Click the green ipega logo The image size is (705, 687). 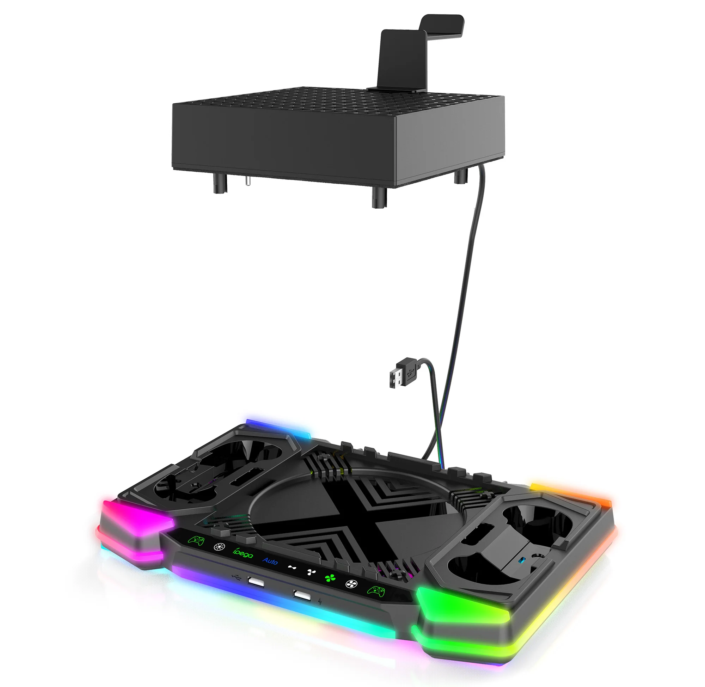point(243,553)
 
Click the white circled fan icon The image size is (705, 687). point(351,584)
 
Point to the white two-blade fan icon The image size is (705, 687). point(292,568)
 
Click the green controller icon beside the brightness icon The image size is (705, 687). point(196,540)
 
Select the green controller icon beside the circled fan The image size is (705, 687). point(376,591)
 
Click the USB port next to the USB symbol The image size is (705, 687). point(256,582)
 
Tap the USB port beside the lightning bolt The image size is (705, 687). point(302,595)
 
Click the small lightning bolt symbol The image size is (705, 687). point(320,601)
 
